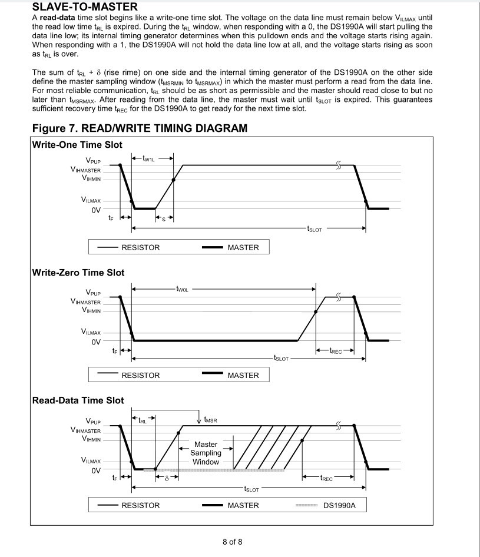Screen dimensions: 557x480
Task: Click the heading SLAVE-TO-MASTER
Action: click(x=85, y=7)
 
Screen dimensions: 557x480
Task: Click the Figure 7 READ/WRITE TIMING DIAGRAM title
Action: click(x=140, y=128)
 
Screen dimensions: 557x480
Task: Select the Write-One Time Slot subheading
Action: click(x=77, y=145)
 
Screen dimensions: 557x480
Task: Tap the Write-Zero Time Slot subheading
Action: click(x=78, y=273)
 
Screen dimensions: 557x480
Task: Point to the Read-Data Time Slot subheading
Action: click(x=78, y=400)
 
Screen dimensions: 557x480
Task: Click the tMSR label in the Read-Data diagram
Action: click(x=210, y=420)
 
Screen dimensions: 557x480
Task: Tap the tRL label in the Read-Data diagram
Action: click(x=143, y=420)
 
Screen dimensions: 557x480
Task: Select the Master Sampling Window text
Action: click(x=206, y=453)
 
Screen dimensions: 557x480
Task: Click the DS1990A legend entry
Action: click(x=339, y=505)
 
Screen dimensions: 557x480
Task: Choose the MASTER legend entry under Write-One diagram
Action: click(x=243, y=247)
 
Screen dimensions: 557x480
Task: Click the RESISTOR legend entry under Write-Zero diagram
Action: click(x=140, y=375)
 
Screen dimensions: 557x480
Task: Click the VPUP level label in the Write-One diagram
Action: click(x=92, y=160)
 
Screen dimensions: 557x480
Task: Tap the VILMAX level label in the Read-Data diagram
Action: click(x=91, y=462)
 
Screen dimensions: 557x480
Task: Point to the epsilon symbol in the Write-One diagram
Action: click(x=164, y=217)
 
